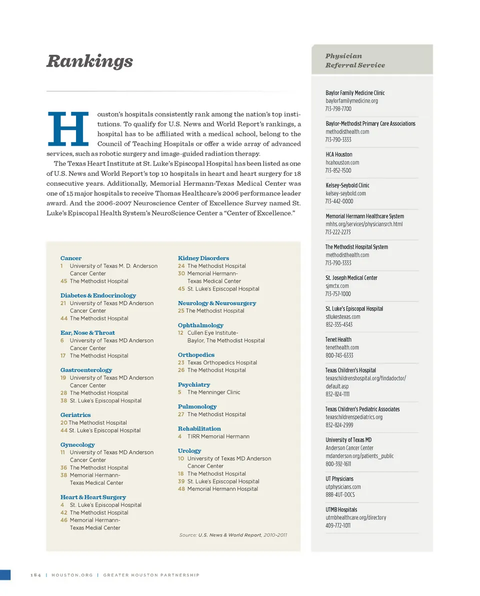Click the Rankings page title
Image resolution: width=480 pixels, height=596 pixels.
pyautogui.click(x=89, y=61)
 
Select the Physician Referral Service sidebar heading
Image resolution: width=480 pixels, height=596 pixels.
pyautogui.click(x=355, y=60)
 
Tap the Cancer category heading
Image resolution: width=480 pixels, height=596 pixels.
pyautogui.click(x=71, y=258)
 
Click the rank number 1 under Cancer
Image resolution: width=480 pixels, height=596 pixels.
pyautogui.click(x=61, y=266)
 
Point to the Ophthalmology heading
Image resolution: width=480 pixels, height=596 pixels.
pyautogui.click(x=200, y=325)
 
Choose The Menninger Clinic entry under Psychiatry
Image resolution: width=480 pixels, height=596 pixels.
pyautogui.click(x=213, y=392)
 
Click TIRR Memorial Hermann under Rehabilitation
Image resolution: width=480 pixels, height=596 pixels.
pyautogui.click(x=218, y=436)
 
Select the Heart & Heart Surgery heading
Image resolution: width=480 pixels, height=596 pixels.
pyautogui.click(x=93, y=497)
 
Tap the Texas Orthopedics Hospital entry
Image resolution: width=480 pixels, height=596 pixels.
pyautogui.click(x=222, y=363)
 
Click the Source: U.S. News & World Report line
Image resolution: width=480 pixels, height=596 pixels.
pyautogui.click(x=233, y=535)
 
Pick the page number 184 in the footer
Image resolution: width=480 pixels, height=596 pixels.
pyautogui.click(x=35, y=575)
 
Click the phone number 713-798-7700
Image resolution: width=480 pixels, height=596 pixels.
pyautogui.click(x=338, y=109)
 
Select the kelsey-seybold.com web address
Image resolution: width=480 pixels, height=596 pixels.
pyautogui.click(x=345, y=193)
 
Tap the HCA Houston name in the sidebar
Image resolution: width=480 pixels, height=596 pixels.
pyautogui.click(x=338, y=154)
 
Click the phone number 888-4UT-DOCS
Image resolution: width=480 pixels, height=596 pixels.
pyautogui.click(x=340, y=495)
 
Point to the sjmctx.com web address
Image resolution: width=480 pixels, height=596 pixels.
pyautogui.click(x=337, y=286)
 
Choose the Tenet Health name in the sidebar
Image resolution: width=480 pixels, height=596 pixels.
pyautogui.click(x=338, y=340)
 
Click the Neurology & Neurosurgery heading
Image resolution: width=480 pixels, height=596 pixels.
pyautogui.click(x=217, y=303)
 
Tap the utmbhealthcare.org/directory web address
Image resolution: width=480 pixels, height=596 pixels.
pyautogui.click(x=355, y=518)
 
